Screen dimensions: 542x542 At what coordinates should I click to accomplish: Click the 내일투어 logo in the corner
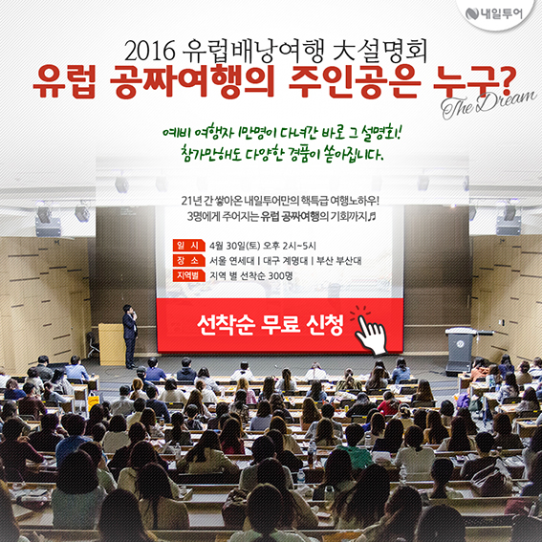[494, 13]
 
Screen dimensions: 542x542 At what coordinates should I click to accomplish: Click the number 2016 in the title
[150, 52]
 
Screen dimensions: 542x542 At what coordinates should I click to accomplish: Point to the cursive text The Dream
[488, 103]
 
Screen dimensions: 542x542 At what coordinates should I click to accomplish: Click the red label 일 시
[187, 246]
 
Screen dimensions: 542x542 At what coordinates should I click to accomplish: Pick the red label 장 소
[187, 260]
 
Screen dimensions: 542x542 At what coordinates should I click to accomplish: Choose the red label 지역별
[187, 275]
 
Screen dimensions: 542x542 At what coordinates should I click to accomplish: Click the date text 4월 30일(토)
[235, 246]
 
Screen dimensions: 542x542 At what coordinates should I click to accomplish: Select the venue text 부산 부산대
[338, 261]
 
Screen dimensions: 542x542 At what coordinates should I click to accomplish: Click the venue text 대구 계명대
[285, 261]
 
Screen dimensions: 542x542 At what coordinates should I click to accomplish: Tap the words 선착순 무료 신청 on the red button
[271, 325]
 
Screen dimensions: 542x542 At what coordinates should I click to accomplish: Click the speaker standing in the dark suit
[130, 336]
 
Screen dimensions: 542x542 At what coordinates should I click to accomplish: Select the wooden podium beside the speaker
[111, 344]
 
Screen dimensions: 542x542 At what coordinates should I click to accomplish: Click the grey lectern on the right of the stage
[461, 351]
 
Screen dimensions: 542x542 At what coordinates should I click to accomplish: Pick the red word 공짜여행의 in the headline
[191, 82]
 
